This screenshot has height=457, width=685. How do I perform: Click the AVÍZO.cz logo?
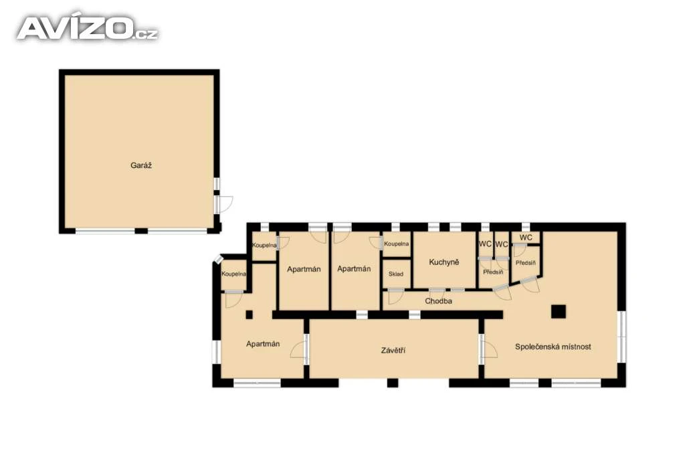pyautogui.click(x=88, y=28)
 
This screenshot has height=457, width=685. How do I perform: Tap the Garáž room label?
pyautogui.click(x=141, y=165)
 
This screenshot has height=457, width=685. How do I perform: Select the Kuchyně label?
pyautogui.click(x=444, y=262)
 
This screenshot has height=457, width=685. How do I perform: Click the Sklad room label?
pyautogui.click(x=396, y=274)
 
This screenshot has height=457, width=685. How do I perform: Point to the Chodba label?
pyautogui.click(x=438, y=301)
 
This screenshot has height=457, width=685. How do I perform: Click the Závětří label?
pyautogui.click(x=393, y=351)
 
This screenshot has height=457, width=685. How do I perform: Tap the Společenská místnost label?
pyautogui.click(x=553, y=347)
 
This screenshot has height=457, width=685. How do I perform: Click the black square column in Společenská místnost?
pyautogui.click(x=559, y=312)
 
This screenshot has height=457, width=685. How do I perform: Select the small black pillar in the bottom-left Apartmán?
pyautogui.click(x=249, y=314)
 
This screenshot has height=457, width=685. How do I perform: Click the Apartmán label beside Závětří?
pyautogui.click(x=262, y=345)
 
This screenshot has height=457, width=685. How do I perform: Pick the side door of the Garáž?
pyautogui.click(x=223, y=204)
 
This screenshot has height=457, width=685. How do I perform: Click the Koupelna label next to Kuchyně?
pyautogui.click(x=396, y=244)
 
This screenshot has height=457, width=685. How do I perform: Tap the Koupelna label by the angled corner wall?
pyautogui.click(x=233, y=274)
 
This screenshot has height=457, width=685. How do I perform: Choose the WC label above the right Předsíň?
pyautogui.click(x=526, y=238)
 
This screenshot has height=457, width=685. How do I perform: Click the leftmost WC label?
pyautogui.click(x=485, y=244)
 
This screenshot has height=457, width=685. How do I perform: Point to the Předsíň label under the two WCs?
pyautogui.click(x=493, y=272)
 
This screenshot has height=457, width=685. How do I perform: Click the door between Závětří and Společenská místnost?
pyautogui.click(x=488, y=349)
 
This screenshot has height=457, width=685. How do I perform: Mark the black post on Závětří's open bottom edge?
pyautogui.click(x=393, y=383)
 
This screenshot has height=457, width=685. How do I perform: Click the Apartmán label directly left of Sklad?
pyautogui.click(x=354, y=269)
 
